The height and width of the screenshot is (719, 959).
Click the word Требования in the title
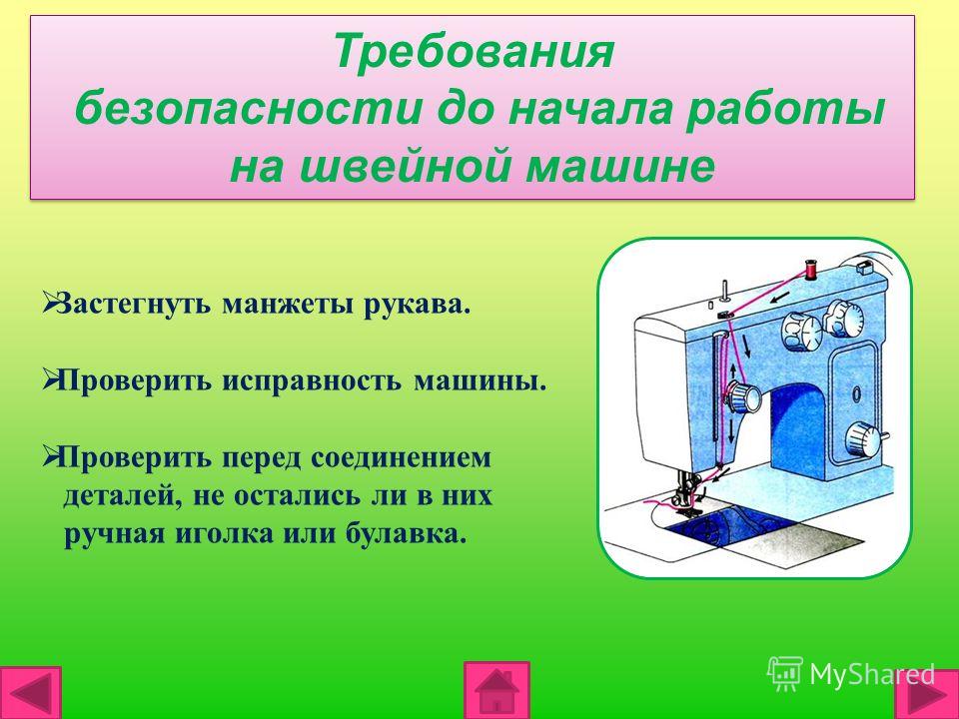(x=474, y=51)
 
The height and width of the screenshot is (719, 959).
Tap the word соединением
(x=401, y=458)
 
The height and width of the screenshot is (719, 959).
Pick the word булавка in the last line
(x=407, y=533)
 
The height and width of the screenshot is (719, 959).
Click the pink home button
(x=496, y=690)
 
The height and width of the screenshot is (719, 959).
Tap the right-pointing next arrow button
(x=928, y=695)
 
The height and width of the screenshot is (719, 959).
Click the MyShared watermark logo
(x=851, y=674)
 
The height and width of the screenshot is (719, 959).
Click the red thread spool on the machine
(x=811, y=269)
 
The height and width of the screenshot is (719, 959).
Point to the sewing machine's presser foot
(x=686, y=497)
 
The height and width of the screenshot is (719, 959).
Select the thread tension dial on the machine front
(x=742, y=396)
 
